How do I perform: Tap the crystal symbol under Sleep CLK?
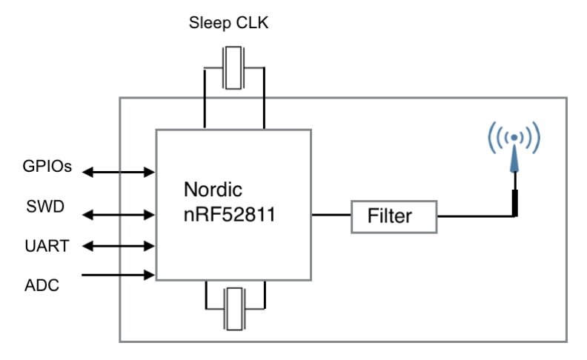[233, 67]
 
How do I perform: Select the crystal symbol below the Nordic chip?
[233, 310]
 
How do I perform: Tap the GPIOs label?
[46, 167]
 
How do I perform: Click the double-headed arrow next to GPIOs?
[118, 173]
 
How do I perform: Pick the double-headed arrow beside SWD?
[118, 216]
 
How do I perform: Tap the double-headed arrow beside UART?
[118, 245]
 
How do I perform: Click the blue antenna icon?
[513, 144]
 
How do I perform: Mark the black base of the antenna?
[513, 203]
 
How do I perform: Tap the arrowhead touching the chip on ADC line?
[150, 275]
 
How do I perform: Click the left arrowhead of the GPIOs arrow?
[87, 173]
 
